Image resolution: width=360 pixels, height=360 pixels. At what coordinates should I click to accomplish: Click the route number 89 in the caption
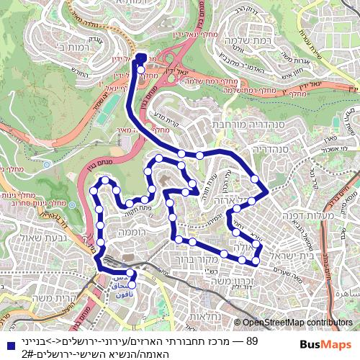click(x=251, y=341)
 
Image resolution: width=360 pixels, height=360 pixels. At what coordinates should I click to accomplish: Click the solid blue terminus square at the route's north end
click(x=140, y=58)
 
